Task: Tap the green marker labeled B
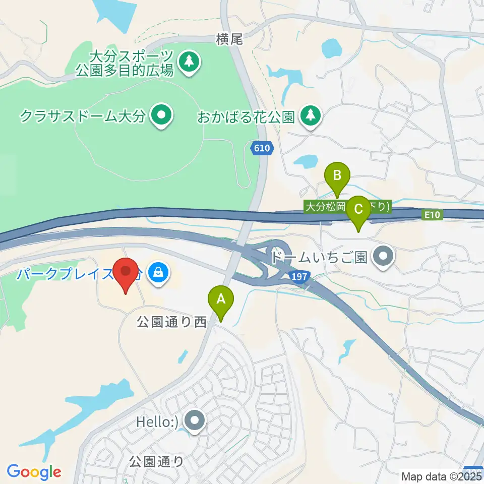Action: (338, 176)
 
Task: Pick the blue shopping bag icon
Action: (159, 274)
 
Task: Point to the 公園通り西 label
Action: (172, 323)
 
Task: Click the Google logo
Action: (34, 472)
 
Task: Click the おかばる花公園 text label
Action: (246, 117)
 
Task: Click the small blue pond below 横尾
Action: (331, 49)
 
